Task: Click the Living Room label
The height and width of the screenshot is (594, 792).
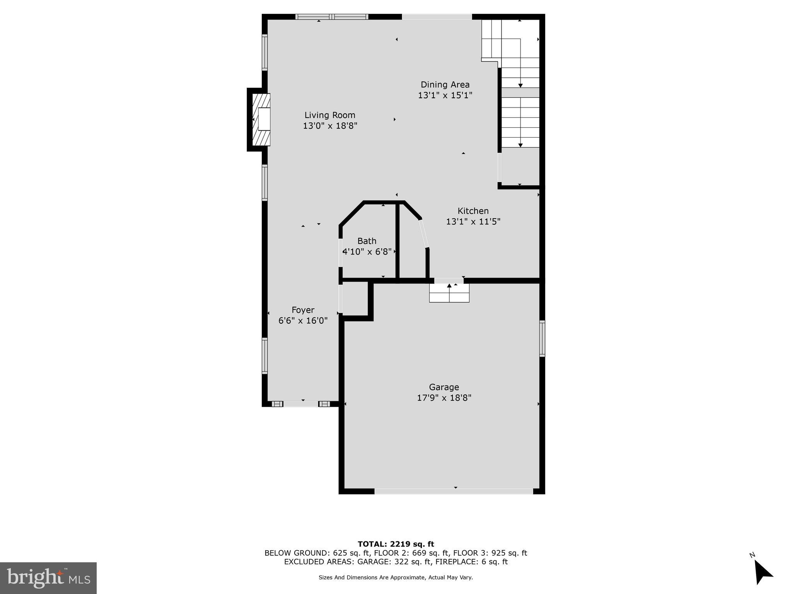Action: click(x=329, y=115)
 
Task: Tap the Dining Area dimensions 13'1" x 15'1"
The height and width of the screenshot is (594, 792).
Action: click(x=445, y=95)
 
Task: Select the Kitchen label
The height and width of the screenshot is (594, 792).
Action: click(x=473, y=211)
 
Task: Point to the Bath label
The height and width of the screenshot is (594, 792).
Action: click(x=367, y=241)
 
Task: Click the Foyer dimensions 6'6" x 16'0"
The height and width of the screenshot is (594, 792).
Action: click(x=303, y=321)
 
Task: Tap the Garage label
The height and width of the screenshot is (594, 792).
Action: click(x=444, y=387)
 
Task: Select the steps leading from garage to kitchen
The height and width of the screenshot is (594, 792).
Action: click(x=449, y=293)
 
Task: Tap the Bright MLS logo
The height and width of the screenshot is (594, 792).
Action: click(x=48, y=578)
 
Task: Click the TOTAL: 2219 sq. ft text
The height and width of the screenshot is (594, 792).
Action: click(x=396, y=544)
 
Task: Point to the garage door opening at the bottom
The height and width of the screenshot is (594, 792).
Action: click(x=454, y=491)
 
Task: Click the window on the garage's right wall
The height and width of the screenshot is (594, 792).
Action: click(x=542, y=338)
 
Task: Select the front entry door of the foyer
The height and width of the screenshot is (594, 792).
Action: click(x=301, y=404)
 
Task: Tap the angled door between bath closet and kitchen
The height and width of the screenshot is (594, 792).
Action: click(x=424, y=233)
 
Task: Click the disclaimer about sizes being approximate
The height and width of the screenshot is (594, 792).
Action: click(x=396, y=577)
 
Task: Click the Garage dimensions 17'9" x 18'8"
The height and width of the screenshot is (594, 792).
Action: click(x=444, y=398)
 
